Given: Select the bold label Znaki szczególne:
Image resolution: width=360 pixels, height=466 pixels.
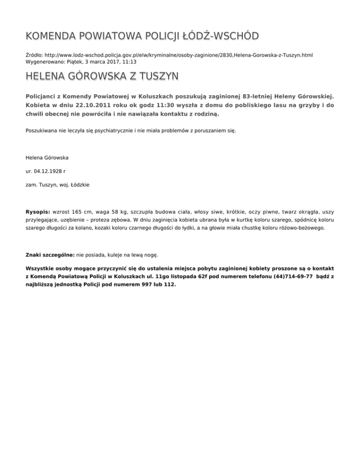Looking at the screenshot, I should click(x=50, y=255).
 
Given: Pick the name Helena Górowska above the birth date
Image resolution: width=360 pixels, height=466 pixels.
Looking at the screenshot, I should click(x=47, y=157).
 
